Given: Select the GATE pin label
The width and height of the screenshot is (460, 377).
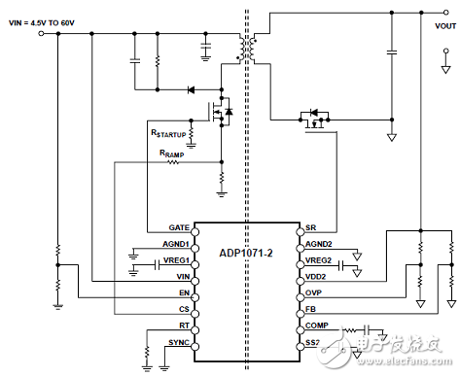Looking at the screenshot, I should click(176, 227).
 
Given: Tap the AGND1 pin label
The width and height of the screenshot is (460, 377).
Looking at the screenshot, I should click(174, 245).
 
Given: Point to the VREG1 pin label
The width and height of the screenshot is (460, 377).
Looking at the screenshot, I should click(174, 261).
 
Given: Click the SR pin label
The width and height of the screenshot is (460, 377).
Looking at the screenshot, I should click(311, 227).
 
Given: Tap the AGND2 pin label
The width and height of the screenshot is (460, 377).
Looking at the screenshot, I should click(319, 245).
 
